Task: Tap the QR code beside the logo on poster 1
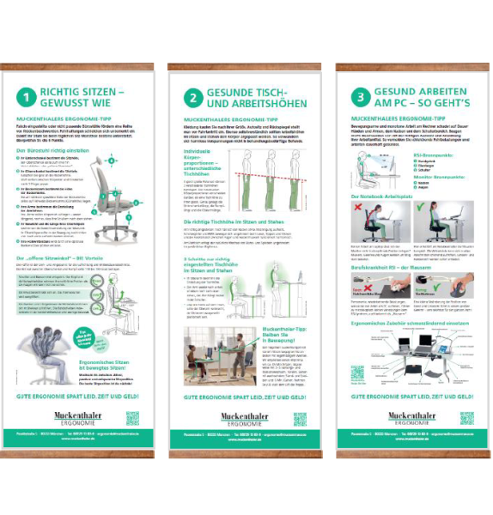point(132,418)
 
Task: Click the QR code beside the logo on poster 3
point(466,418)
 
